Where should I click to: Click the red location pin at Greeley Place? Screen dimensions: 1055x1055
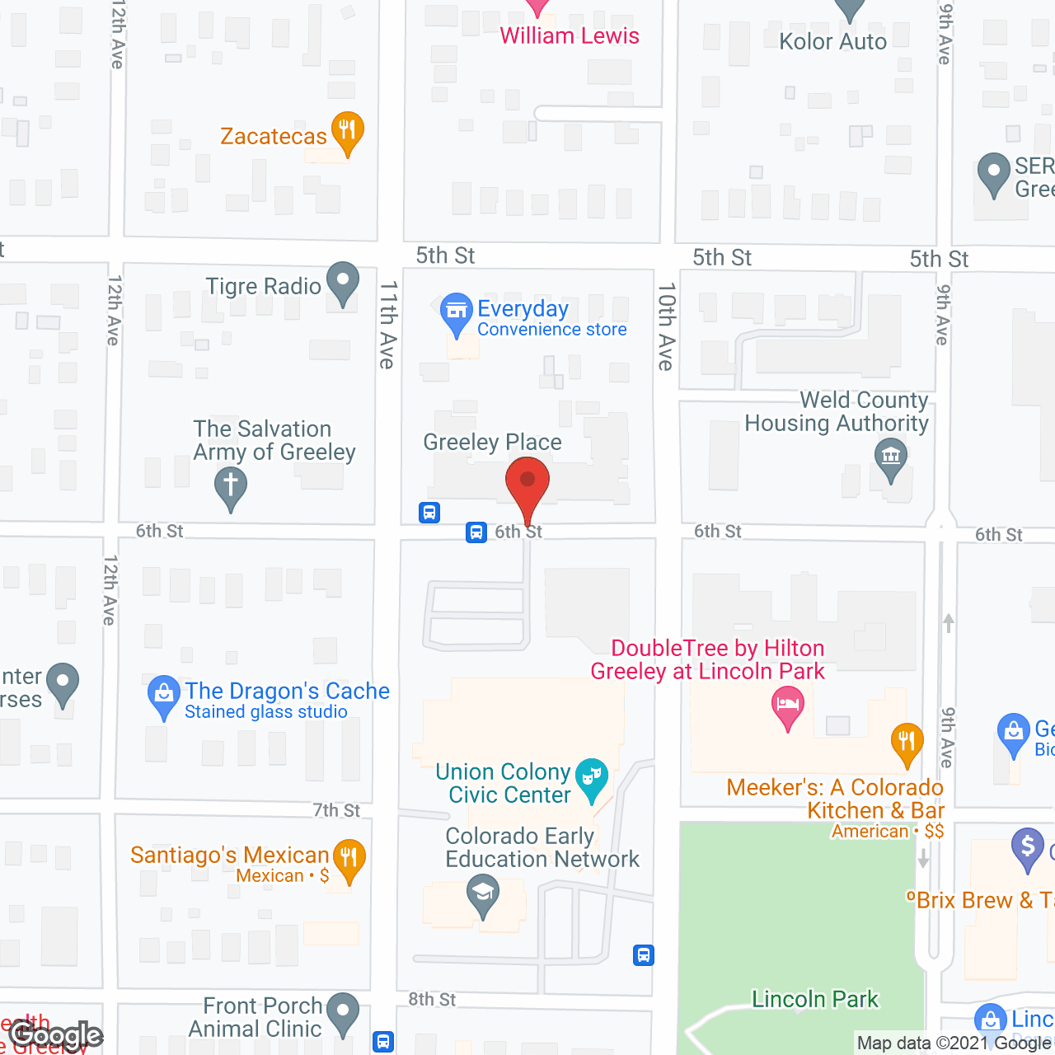coord(527,481)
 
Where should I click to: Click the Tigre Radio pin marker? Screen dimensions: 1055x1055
coord(343,283)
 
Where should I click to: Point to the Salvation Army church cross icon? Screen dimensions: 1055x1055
coord(231,486)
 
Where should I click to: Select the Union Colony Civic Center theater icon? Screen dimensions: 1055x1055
coord(592,778)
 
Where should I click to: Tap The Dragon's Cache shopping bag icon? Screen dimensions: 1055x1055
coord(164,696)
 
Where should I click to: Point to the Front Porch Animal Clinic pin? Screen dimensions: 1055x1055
coord(343,1013)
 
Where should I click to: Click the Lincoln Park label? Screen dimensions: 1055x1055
coord(815,1000)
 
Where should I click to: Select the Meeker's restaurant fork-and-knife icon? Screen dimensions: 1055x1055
coord(907,742)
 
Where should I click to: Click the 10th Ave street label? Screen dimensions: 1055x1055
coord(666,326)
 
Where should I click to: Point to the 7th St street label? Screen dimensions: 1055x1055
coord(336,810)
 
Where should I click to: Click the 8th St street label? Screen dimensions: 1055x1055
coord(432,1000)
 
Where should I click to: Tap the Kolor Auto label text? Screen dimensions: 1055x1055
coord(833,41)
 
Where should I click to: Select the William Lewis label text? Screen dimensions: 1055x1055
coord(570,36)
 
